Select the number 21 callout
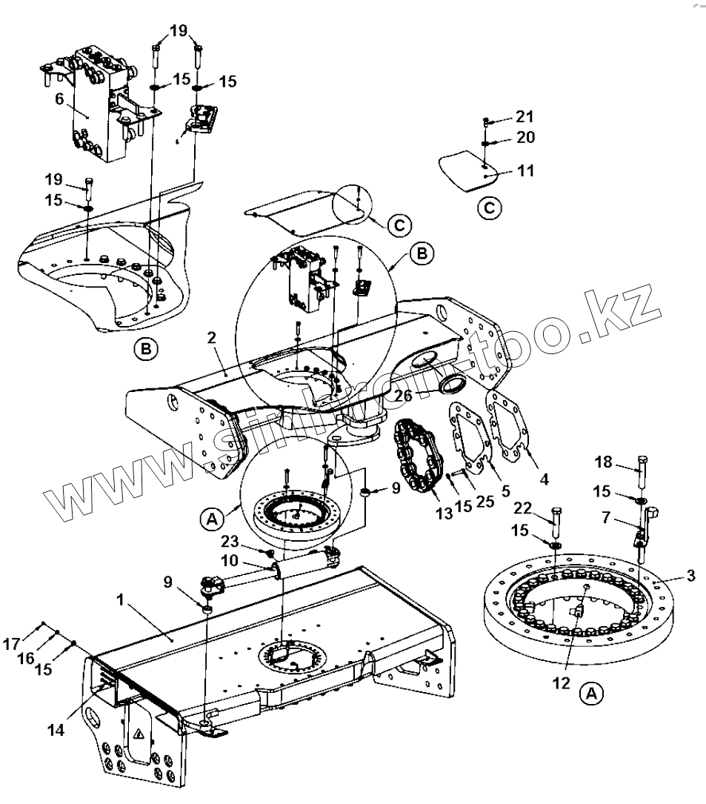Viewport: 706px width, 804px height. (x=524, y=117)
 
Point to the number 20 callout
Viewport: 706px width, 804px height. (x=524, y=138)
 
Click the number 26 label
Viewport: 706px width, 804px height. (x=403, y=396)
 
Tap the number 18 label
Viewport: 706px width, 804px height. (x=604, y=462)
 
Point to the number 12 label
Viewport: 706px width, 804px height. (x=562, y=682)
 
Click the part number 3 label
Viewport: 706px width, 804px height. (x=690, y=576)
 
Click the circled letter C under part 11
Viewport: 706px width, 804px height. (x=489, y=208)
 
